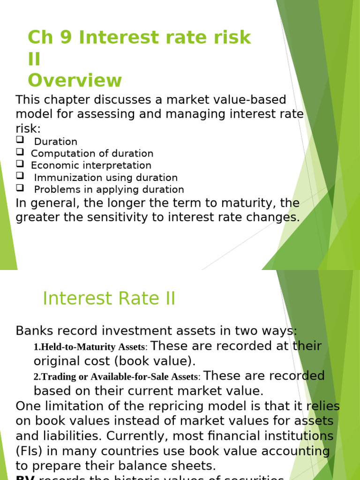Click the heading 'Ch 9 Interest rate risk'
pyautogui.click(x=139, y=37)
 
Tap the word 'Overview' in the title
pyautogui.click(x=75, y=80)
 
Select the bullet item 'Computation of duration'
pyautogui.click(x=92, y=153)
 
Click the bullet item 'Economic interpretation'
pyautogui.click(x=91, y=165)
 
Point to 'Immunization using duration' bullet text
pyautogui.click(x=105, y=178)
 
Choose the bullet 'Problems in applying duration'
pyautogui.click(x=109, y=189)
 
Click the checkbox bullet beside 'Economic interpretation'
pyautogui.click(x=20, y=164)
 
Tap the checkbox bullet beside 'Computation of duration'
pyautogui.click(x=20, y=151)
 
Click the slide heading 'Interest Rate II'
pyautogui.click(x=109, y=299)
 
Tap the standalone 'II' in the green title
pyautogui.click(x=34, y=60)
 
